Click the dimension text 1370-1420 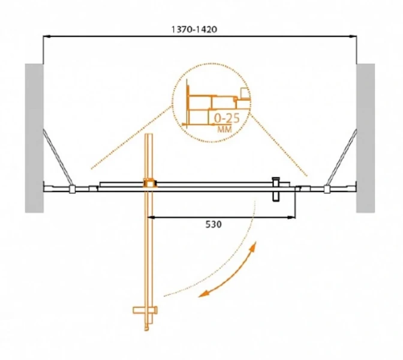click(194, 29)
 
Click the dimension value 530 click(213, 224)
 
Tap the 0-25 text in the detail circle click(227, 118)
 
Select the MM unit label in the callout click(225, 129)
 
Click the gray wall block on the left click(34, 138)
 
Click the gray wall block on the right click(365, 138)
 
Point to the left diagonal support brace click(57, 157)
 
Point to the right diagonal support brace click(342, 157)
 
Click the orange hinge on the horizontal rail click(149, 183)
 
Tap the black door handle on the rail click(276, 189)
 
